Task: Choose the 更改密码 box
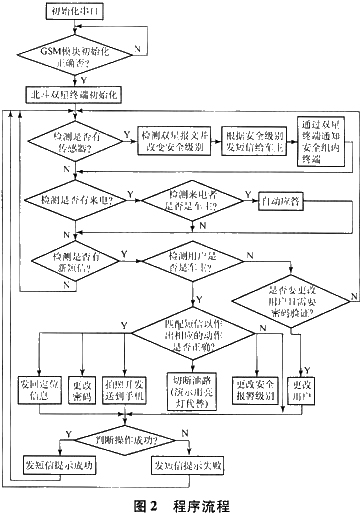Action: click(x=83, y=386)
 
